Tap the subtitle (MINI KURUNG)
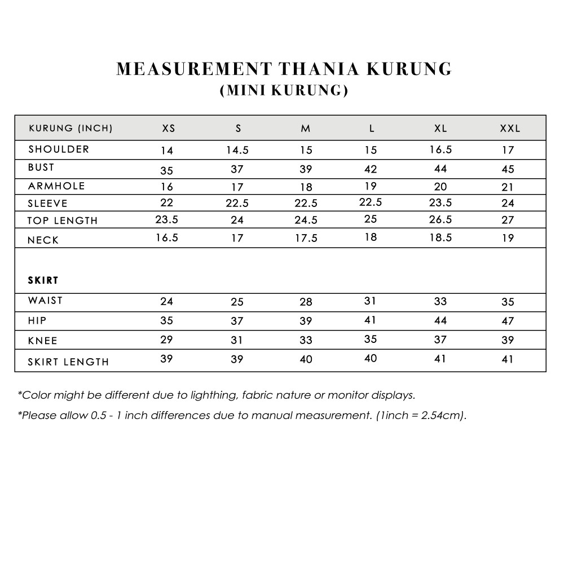(284, 90)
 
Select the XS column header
(169, 129)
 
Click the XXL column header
(510, 129)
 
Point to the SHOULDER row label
(59, 149)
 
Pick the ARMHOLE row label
(56, 186)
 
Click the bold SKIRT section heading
(43, 280)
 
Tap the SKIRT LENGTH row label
(68, 362)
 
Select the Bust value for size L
(371, 169)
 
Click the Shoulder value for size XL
(440, 149)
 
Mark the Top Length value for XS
(166, 220)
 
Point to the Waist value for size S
(237, 302)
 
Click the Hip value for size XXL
(508, 321)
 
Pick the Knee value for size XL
(440, 340)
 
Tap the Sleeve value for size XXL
(508, 203)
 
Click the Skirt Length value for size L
(371, 358)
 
